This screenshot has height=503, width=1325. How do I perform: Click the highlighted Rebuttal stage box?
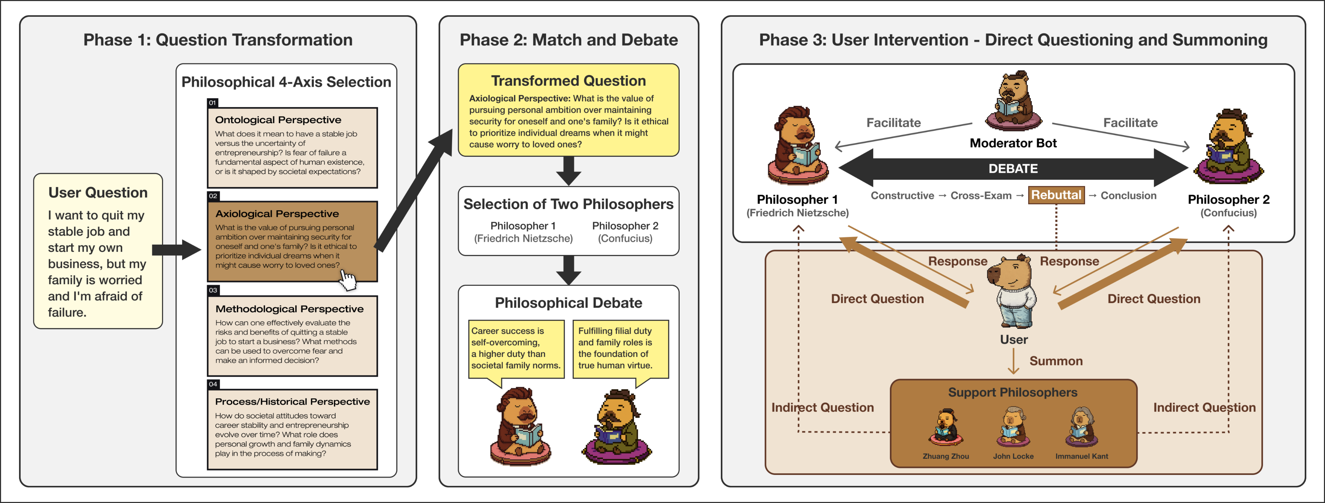1056,195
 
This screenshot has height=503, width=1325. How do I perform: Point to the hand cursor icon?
348,281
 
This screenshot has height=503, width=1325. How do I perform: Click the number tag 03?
213,290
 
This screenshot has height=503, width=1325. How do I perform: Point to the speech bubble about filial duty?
620,349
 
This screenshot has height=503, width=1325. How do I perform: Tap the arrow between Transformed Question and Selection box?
568,171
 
